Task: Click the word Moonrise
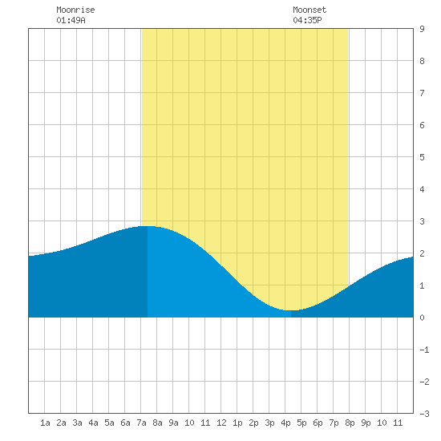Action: [75, 10]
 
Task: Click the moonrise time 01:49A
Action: [71, 20]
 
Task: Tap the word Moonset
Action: [310, 10]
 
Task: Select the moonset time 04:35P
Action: [307, 20]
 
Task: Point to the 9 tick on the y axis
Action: [422, 29]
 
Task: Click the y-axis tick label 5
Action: [422, 157]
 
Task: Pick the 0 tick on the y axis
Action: [422, 318]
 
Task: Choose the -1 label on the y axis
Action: [424, 350]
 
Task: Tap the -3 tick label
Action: [424, 414]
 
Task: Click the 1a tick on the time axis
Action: [45, 423]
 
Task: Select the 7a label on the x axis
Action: [141, 423]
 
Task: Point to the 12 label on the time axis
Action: [221, 423]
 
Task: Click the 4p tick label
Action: [285, 423]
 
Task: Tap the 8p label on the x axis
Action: [350, 423]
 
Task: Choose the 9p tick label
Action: [366, 423]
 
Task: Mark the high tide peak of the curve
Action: [148, 226]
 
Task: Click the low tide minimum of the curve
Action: [291, 310]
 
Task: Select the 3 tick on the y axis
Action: [422, 221]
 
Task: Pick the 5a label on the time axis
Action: [109, 423]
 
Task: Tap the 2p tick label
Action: [253, 423]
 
